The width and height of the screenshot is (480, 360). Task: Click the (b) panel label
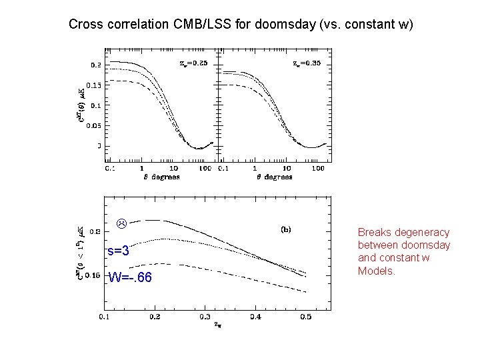pos(285,229)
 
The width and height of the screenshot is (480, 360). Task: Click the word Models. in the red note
pos(377,271)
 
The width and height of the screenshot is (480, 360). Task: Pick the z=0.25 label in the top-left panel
pos(194,63)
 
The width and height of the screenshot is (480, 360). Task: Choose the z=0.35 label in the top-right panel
pos(307,63)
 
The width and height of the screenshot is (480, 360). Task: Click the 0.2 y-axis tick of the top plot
pos(96,65)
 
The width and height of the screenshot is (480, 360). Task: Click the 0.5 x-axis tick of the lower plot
pos(305,317)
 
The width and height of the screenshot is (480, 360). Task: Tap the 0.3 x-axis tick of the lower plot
pos(204,317)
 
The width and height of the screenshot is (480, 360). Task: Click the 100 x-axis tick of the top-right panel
pos(318,169)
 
